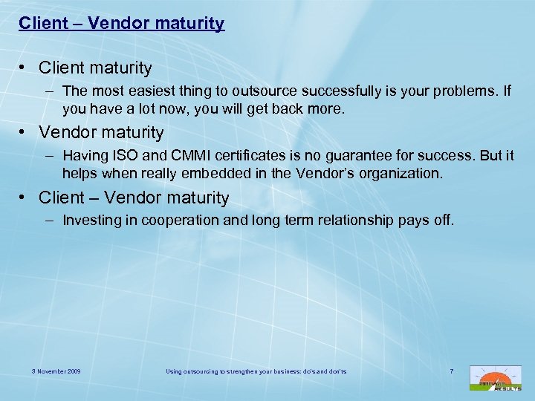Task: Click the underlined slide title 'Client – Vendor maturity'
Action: pos(121,24)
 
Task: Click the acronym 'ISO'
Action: pos(120,157)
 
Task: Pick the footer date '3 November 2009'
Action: pos(56,371)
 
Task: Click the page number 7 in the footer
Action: pos(452,371)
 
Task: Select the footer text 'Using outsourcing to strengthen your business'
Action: pos(244,371)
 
